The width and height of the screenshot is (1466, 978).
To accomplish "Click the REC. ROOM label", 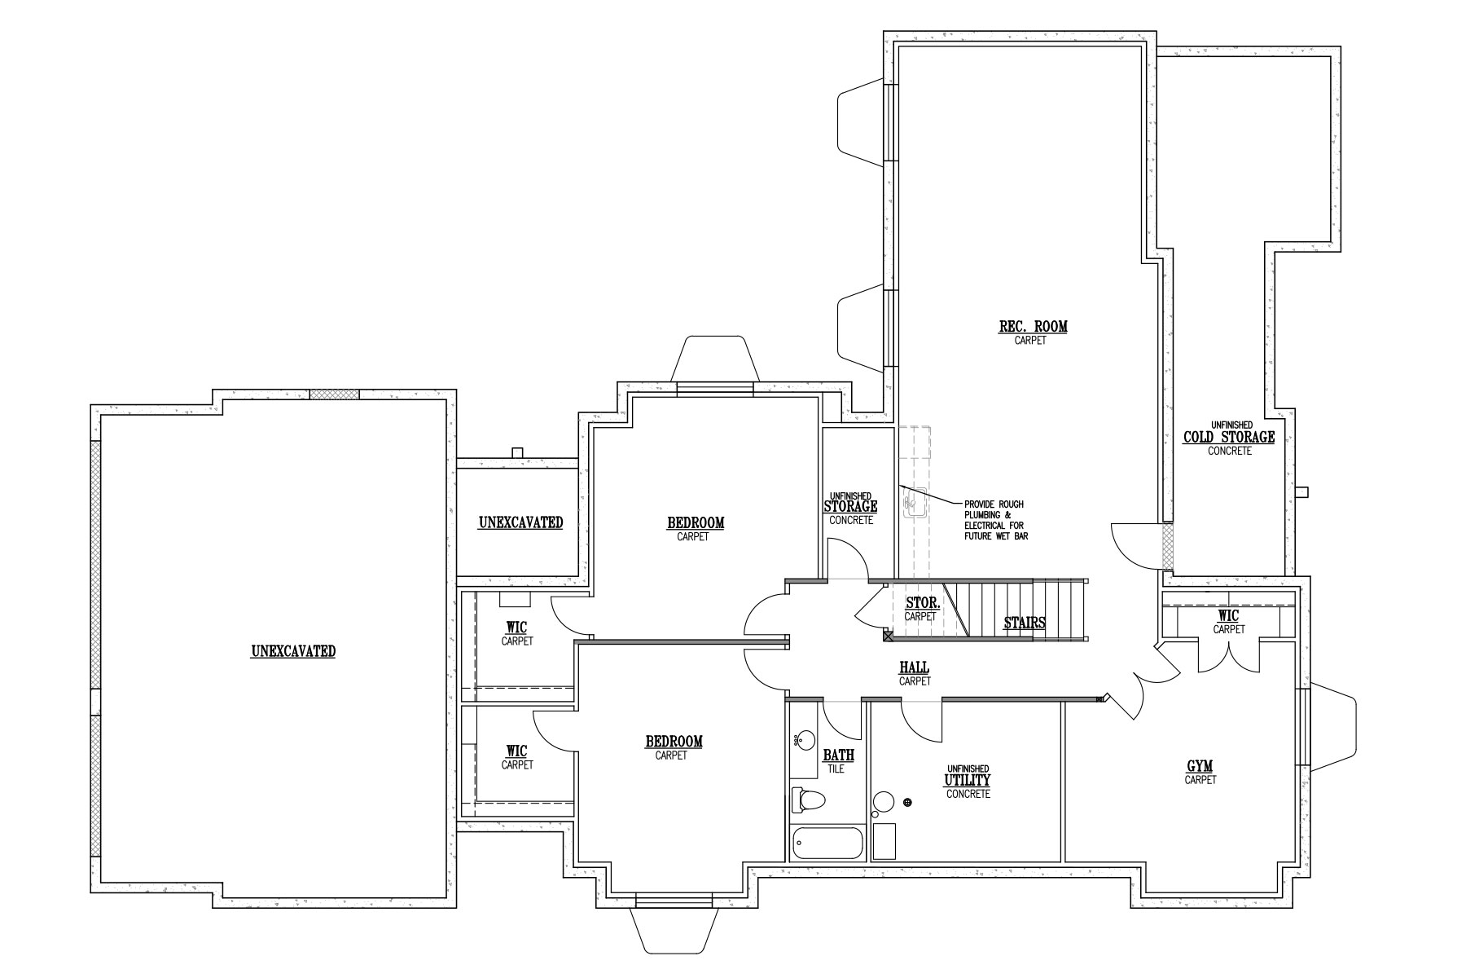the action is (1033, 327).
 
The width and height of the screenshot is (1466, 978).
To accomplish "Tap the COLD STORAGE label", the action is (1229, 438).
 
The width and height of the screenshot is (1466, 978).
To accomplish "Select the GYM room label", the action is (1200, 766).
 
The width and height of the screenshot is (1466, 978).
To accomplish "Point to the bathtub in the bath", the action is (827, 843).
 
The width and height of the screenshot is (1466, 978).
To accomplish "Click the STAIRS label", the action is (1025, 623).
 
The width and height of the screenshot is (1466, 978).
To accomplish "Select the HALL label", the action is (915, 668).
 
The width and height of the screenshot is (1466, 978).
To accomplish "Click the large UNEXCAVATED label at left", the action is (293, 651).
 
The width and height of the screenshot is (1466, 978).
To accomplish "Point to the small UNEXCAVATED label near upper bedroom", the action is (520, 522).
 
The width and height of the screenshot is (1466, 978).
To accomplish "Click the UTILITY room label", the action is (968, 781).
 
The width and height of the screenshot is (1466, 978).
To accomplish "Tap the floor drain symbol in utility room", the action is (908, 803).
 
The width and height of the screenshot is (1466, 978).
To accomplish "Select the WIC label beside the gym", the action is (1229, 615).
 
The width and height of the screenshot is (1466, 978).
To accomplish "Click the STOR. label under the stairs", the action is (923, 604).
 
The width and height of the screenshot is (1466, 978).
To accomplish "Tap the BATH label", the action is (838, 756).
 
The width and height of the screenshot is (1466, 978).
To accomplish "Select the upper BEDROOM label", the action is (696, 523).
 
